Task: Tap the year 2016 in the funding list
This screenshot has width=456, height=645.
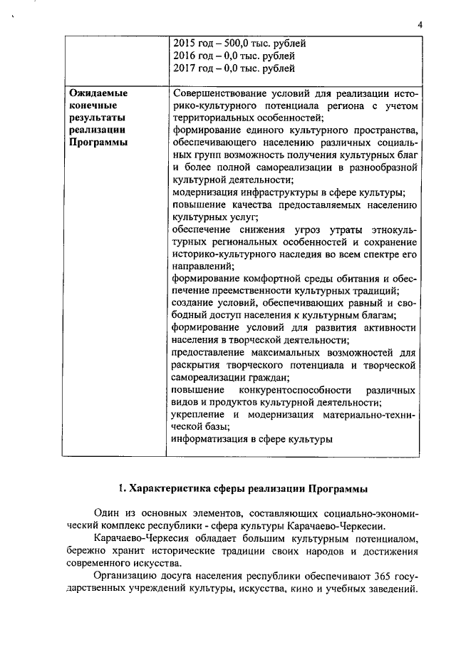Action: [x=186, y=56]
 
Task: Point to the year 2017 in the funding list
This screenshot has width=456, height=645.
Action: [x=186, y=68]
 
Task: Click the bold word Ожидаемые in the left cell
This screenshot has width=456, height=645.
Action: [x=98, y=93]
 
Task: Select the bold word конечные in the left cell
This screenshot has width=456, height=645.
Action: [x=91, y=105]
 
